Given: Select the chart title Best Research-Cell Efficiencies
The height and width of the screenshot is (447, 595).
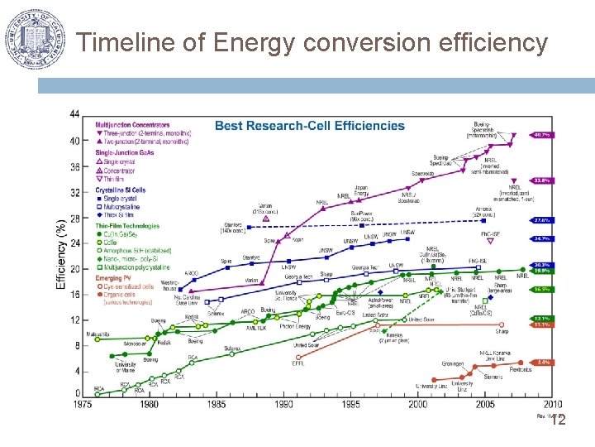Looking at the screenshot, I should point(310,126).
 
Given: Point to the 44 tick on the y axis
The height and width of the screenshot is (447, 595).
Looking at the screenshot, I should point(75,113).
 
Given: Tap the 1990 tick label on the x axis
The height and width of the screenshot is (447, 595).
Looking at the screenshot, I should point(283,405).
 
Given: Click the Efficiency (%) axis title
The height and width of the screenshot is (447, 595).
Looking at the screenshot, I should point(61,255).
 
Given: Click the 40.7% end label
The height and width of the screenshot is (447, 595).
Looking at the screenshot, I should point(543,134).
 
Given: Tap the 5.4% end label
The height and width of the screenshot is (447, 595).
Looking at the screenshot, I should point(543,363).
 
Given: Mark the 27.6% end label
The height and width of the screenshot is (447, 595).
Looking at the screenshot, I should point(543,220).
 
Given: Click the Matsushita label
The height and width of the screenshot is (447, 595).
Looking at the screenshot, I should point(98,334).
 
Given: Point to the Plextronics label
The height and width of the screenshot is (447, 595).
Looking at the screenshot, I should point(520,370).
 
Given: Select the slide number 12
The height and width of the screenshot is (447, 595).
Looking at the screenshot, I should point(558,421).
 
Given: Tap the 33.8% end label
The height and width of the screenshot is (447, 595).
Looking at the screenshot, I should point(543,180).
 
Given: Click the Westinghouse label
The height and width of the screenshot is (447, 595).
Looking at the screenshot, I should point(169,286).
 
